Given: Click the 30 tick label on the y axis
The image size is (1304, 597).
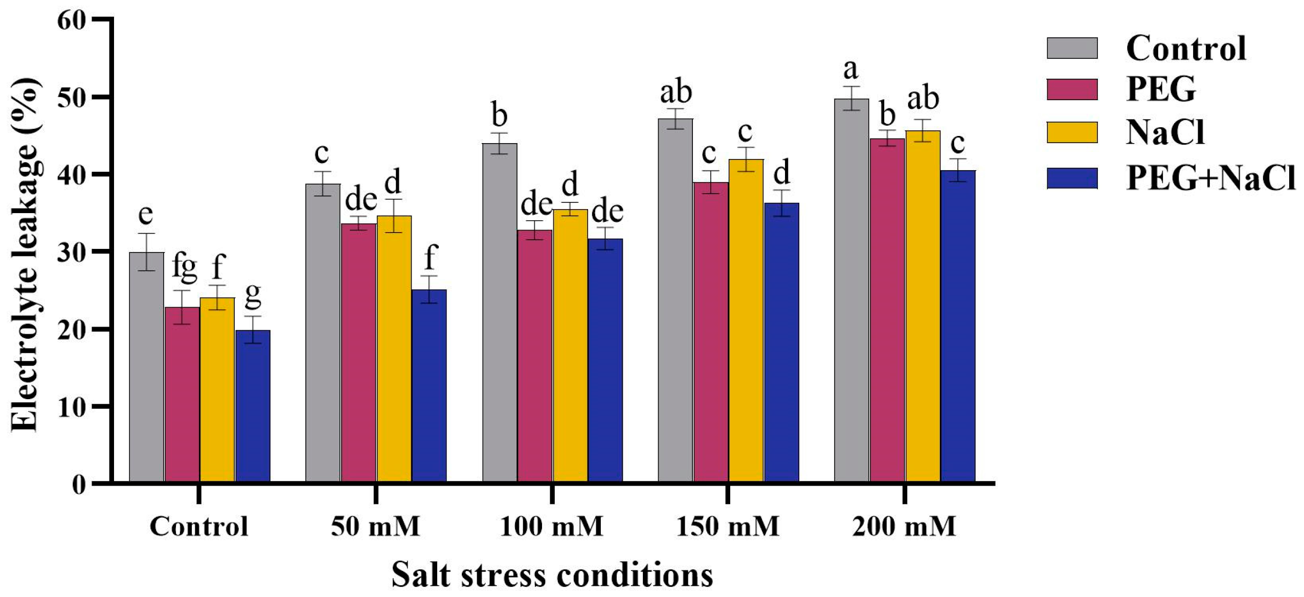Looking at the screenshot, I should (72, 252).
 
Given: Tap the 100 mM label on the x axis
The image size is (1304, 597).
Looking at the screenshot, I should (551, 527).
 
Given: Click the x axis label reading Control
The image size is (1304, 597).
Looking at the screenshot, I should (198, 527).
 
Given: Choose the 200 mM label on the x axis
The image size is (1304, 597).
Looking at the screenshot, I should (904, 527).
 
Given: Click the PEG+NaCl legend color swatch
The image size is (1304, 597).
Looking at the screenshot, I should (1072, 178).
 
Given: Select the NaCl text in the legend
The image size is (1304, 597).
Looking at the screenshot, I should (1165, 132).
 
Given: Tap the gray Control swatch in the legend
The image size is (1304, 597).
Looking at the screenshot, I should (1072, 49).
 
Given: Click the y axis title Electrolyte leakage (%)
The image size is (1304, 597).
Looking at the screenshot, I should (24, 256).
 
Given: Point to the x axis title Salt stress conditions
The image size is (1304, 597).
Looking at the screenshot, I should (552, 575).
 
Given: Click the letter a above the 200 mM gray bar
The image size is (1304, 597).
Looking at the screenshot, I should (850, 70).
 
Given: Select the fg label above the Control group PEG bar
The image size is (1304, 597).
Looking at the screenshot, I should (184, 267).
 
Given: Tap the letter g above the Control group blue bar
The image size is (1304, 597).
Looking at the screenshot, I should (253, 296).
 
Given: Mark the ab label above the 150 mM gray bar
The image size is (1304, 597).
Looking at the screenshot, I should (676, 93).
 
